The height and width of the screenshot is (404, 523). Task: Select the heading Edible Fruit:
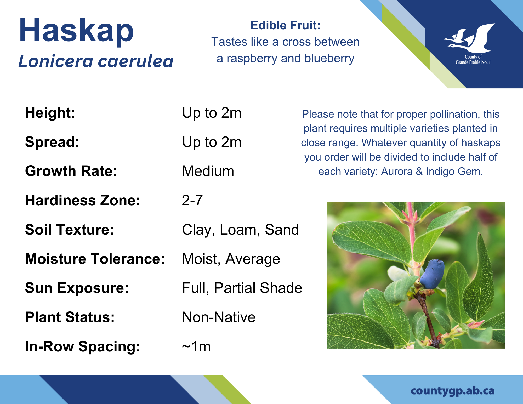point(285,25)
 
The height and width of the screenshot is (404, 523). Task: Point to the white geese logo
point(470,38)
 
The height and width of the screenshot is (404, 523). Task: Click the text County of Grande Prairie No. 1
point(473,60)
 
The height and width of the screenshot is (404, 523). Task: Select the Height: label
point(50,113)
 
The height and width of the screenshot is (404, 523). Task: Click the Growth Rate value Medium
point(208,171)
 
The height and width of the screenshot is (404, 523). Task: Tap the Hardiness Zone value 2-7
point(192,200)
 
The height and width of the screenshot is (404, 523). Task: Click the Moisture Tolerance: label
point(95,259)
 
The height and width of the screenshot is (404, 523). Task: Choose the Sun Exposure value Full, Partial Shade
point(242,288)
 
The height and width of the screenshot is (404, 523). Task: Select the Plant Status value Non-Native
point(219,317)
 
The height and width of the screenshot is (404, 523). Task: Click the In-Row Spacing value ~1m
point(196,346)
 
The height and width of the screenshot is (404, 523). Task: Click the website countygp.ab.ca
point(453,391)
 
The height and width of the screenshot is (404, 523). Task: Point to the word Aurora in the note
point(397,172)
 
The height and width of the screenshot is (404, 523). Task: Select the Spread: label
point(52,142)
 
